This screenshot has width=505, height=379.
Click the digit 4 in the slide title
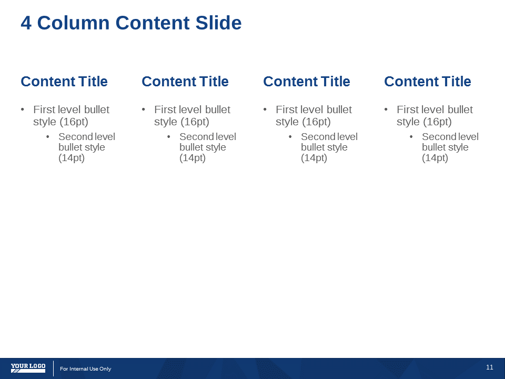[26, 23]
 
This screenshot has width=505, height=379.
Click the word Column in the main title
[74, 23]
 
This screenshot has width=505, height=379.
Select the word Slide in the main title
[218, 23]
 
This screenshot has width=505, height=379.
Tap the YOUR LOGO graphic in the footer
[28, 368]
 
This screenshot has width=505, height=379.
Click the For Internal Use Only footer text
[85, 368]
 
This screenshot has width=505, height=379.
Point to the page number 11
[490, 367]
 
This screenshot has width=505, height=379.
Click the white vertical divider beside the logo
[54, 368]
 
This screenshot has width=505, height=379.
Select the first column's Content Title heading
[64, 82]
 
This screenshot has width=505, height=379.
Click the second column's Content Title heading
[185, 82]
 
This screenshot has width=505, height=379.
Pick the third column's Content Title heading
[307, 82]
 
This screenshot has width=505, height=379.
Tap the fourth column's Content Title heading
[428, 82]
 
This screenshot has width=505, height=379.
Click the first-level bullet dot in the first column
[23, 109]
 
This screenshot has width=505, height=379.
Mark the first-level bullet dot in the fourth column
[386, 109]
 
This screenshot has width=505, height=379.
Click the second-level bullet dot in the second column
[169, 137]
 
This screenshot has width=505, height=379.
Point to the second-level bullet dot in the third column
[290, 137]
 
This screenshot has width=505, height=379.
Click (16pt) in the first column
[74, 122]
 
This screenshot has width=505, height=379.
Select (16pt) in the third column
[317, 122]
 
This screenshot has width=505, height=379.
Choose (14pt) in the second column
[193, 158]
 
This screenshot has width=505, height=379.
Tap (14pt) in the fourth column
[435, 158]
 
